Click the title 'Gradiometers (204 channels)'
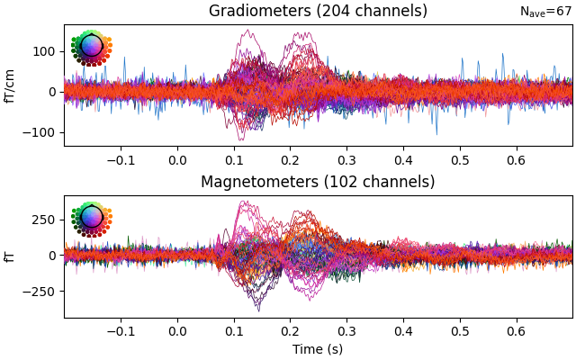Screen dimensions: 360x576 point(318,12)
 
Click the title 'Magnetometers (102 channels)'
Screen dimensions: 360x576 point(318,183)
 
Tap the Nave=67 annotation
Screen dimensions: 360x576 point(545,12)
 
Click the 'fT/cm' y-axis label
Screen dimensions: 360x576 point(11,85)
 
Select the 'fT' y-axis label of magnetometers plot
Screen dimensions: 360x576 point(11,256)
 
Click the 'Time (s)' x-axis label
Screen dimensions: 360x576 point(318,349)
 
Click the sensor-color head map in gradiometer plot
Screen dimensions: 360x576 point(91,48)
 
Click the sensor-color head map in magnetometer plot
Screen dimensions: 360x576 point(91,219)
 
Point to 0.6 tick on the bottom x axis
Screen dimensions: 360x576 point(516,331)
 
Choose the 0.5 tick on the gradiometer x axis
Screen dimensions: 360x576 point(459,160)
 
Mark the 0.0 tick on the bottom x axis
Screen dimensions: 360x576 point(177,331)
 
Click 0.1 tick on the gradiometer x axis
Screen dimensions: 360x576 point(234,160)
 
